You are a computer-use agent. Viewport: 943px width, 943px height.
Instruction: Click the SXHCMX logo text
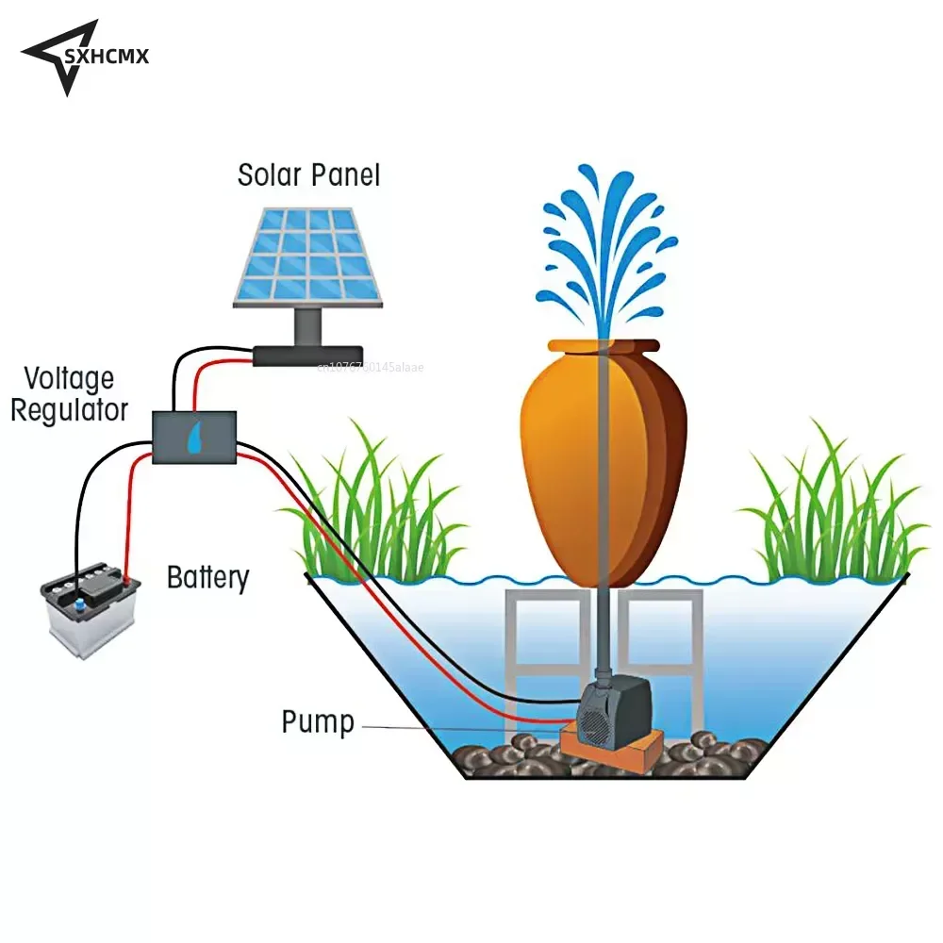point(106,58)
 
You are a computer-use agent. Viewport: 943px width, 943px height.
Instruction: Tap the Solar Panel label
point(308,174)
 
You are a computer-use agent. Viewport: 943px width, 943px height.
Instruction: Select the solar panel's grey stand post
point(307,326)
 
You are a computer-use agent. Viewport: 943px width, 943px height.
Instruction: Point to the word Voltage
point(69,380)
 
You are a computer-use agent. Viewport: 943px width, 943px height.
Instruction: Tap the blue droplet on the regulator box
point(194,438)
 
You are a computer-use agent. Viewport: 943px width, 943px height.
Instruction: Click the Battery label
point(207,577)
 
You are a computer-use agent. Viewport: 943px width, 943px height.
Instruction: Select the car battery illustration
point(91,610)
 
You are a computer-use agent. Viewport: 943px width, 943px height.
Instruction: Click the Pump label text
point(318,723)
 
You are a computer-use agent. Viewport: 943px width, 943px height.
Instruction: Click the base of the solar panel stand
point(307,355)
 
